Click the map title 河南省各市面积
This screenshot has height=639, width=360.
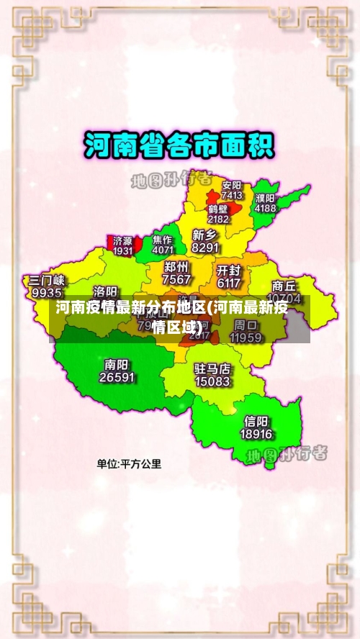coord(179,145)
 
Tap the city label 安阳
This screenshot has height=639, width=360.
coord(232,185)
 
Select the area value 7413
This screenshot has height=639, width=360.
coord(232,195)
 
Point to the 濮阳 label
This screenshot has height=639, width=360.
coord(265,198)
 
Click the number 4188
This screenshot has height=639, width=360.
coord(265,208)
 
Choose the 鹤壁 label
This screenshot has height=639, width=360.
coord(218,209)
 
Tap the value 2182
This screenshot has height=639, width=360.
coord(218,219)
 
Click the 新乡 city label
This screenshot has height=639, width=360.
coord(205,235)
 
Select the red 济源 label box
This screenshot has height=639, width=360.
coord(122,245)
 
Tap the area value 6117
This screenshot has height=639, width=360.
coord(228,283)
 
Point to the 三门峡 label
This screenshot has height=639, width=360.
coord(47,281)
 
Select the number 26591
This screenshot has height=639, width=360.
coord(117,376)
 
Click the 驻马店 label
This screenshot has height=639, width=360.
coord(212,369)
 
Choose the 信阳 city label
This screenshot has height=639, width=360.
coord(256,422)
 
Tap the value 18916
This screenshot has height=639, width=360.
coord(256,434)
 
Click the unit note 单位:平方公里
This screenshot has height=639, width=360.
coord(130,464)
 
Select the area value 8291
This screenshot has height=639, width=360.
coord(205,247)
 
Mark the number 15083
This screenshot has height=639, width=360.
coord(212,381)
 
